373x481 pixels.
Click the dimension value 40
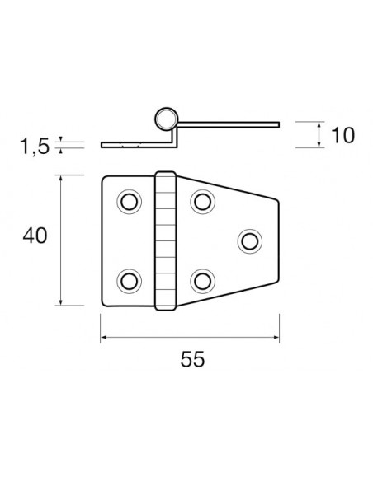pos(35,236)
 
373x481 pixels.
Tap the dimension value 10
pos(342,134)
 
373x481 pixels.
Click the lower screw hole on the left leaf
pos(129,280)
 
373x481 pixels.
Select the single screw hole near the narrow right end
pos(250,240)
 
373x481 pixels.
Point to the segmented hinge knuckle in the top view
pos(166,240)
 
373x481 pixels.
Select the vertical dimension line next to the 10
pos(319,134)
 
